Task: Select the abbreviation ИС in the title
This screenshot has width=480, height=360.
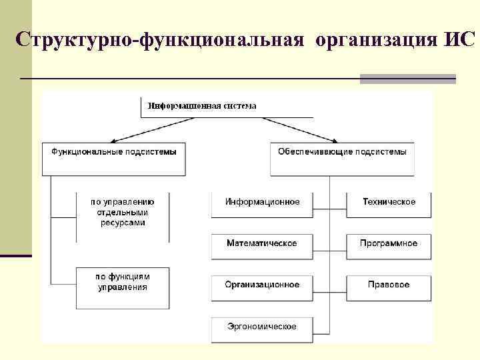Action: click(458, 39)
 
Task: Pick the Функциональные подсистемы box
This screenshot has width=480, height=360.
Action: click(114, 152)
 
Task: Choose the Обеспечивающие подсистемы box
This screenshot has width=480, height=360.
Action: click(341, 152)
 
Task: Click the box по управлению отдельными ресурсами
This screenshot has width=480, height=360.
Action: click(122, 212)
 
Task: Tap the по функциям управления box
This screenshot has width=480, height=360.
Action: click(122, 282)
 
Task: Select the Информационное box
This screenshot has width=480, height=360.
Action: click(262, 202)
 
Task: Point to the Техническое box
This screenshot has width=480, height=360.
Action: click(389, 202)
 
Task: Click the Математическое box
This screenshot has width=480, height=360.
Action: click(262, 243)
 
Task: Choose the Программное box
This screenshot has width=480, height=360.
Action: click(389, 243)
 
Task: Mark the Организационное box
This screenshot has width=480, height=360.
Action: click(262, 285)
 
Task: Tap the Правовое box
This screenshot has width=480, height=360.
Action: click(389, 285)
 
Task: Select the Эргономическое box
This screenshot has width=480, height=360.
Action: click(262, 327)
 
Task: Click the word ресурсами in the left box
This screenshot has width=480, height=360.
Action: click(122, 223)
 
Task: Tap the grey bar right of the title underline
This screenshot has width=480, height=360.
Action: click(407, 79)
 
